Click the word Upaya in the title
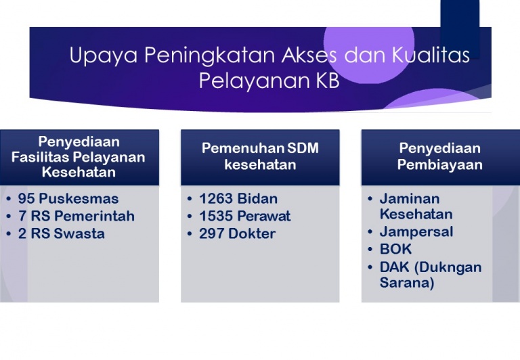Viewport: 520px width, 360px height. coord(103,55)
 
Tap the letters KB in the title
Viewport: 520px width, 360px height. coord(327,81)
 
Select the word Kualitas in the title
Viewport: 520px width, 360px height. coord(431,55)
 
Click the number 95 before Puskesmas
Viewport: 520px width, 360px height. coord(26,198)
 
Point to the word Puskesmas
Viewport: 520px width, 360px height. coord(79,198)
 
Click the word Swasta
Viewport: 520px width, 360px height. coord(79,233)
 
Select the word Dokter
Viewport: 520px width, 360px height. coord(252,233)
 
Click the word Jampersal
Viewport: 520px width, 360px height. coord(416,231)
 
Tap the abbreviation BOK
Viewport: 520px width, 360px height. coord(395,249)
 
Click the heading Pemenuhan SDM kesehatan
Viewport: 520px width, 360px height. coord(260,156)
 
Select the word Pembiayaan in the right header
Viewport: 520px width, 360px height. coord(439,164)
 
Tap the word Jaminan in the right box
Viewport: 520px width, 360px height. coord(410,198)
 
